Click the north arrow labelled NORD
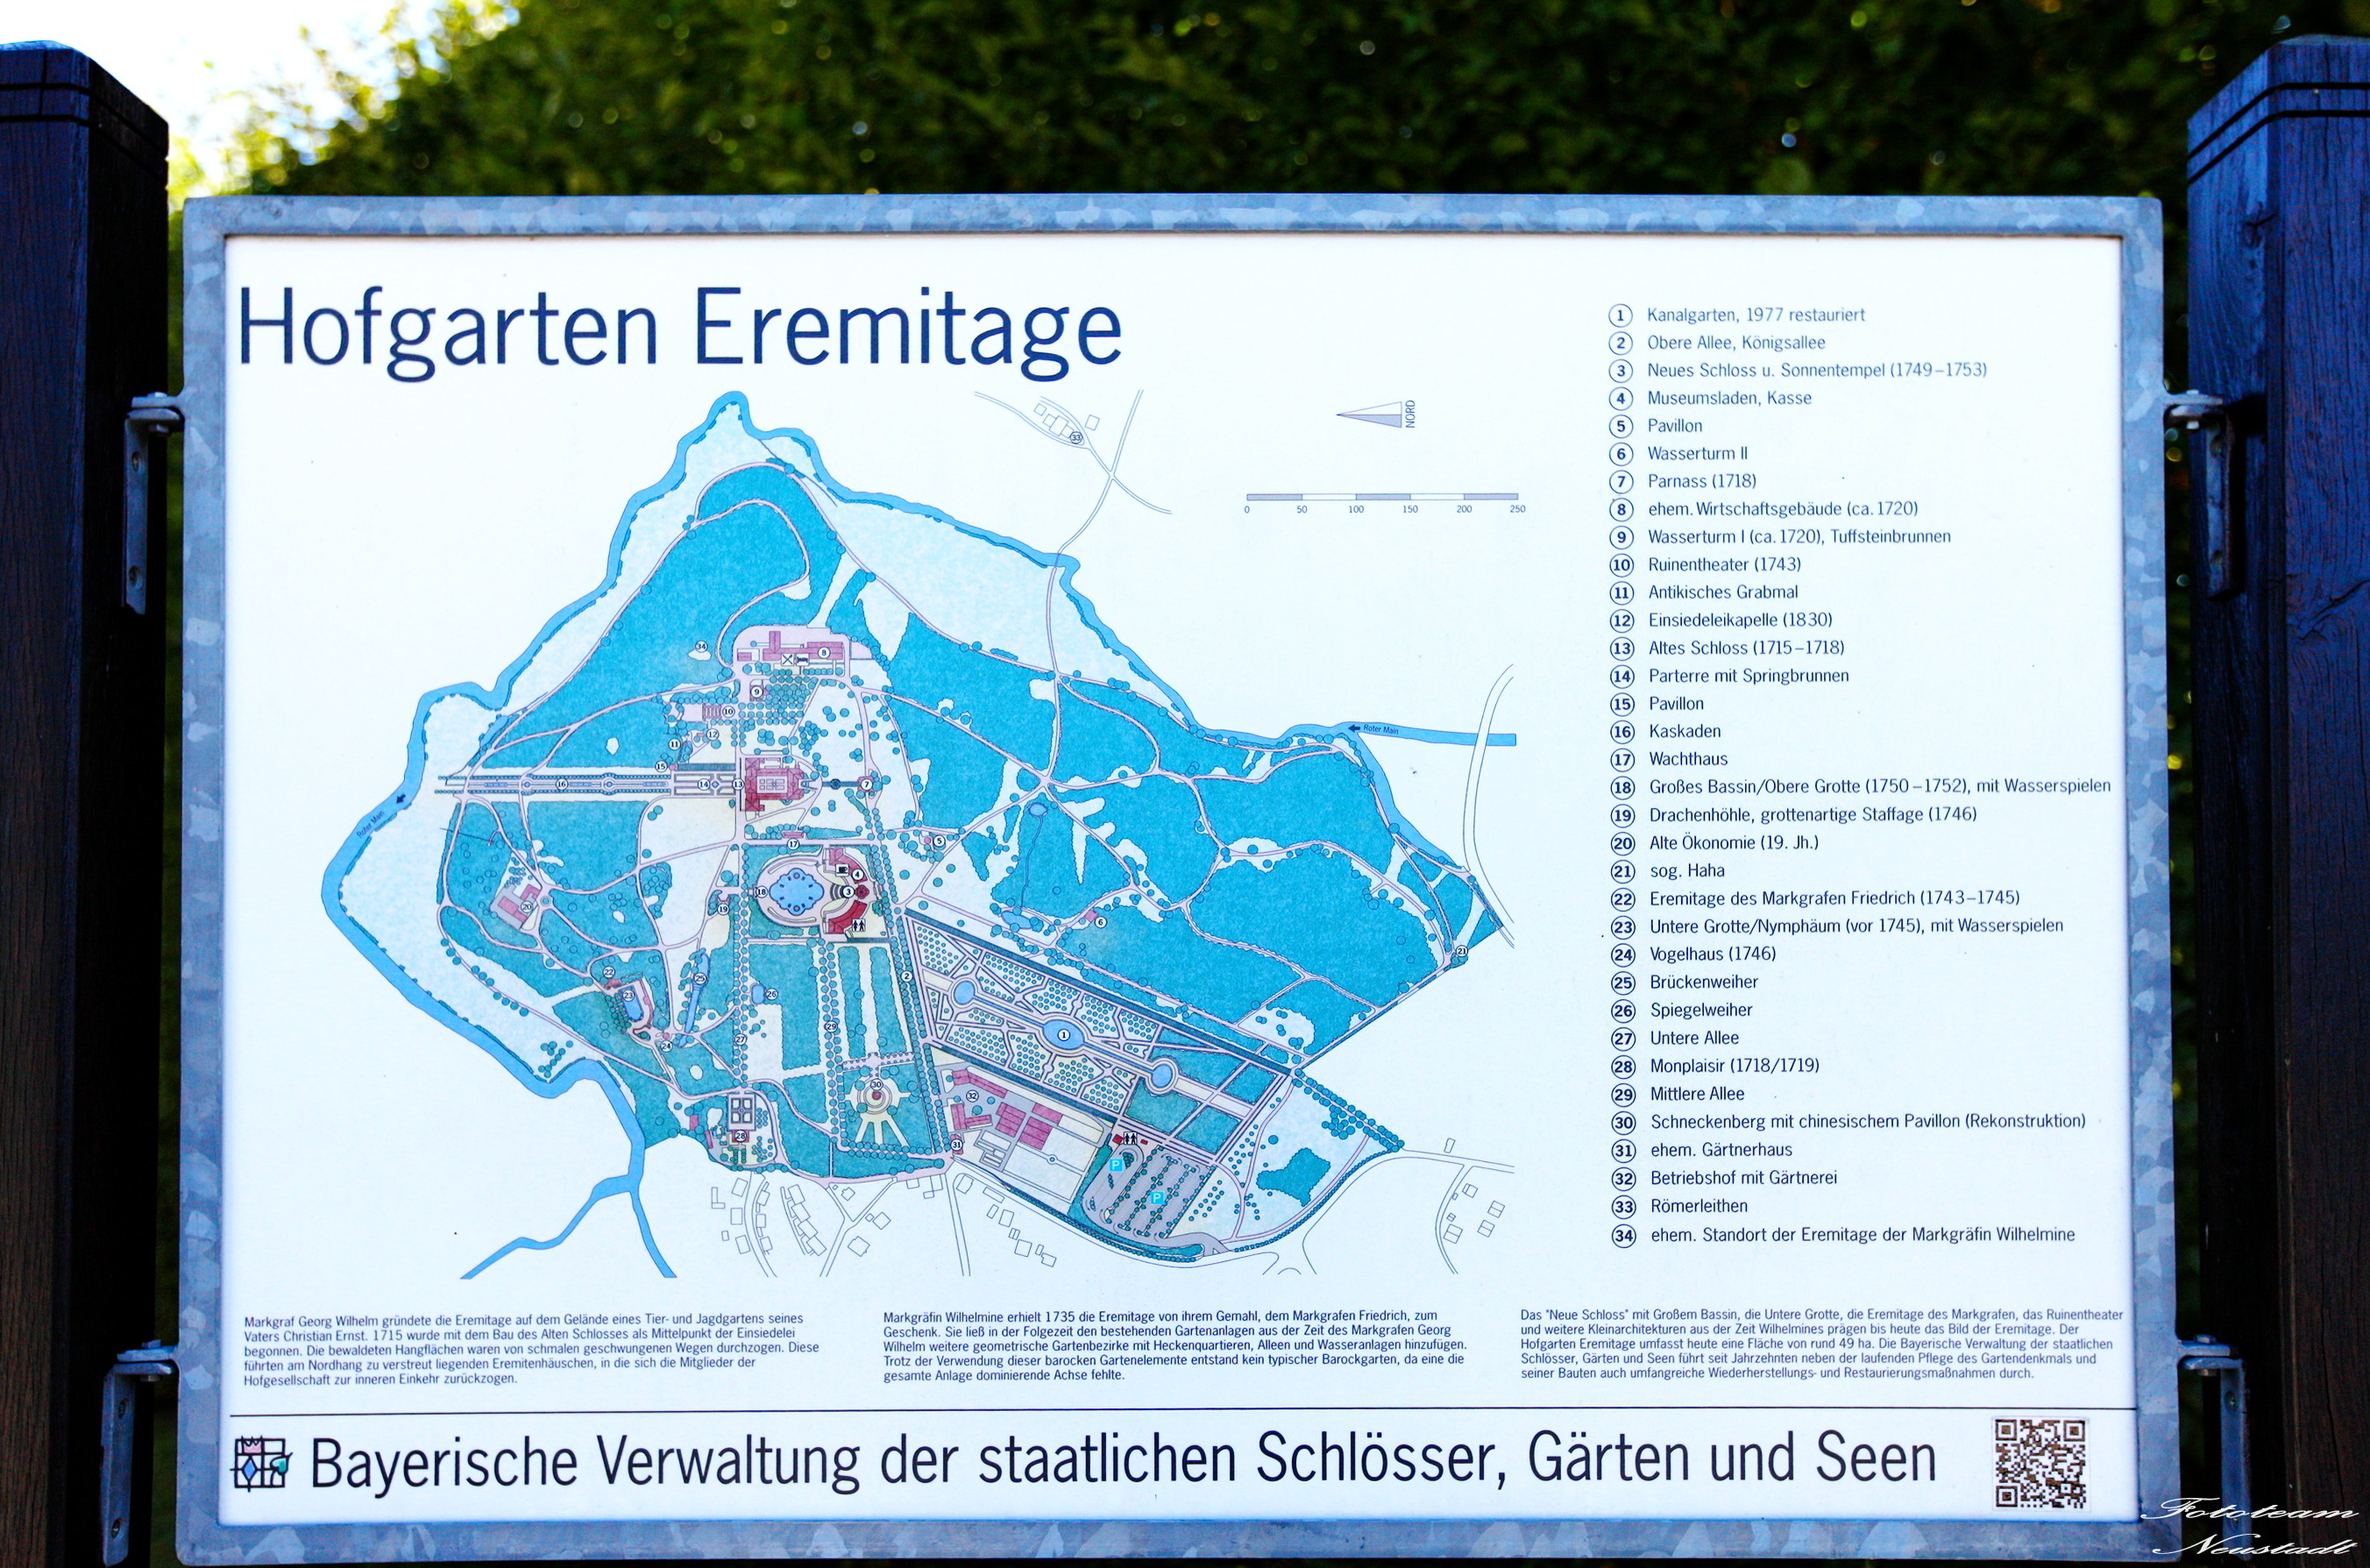[x=1376, y=414]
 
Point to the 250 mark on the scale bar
[x=1517, y=509]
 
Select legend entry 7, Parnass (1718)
[x=1701, y=481]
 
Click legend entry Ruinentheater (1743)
[x=1723, y=564]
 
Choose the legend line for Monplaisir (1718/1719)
[x=1733, y=1066]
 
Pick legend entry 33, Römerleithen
[x=1698, y=1206]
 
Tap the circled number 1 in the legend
[x=1620, y=315]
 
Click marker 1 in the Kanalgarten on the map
[x=1063, y=1035]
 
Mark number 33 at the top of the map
[x=1076, y=438]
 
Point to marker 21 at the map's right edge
[x=1461, y=951]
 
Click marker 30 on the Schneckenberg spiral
[x=876, y=1085]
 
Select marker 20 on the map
[x=526, y=906]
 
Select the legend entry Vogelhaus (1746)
[x=1711, y=954]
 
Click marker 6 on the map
[x=1100, y=921]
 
